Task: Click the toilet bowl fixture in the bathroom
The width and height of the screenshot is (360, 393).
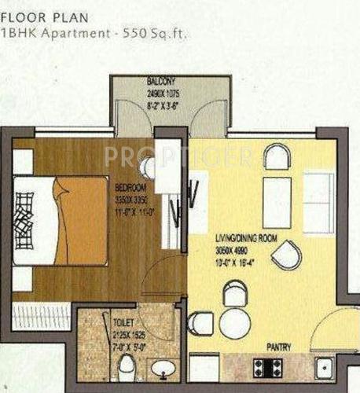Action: (x=126, y=365)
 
